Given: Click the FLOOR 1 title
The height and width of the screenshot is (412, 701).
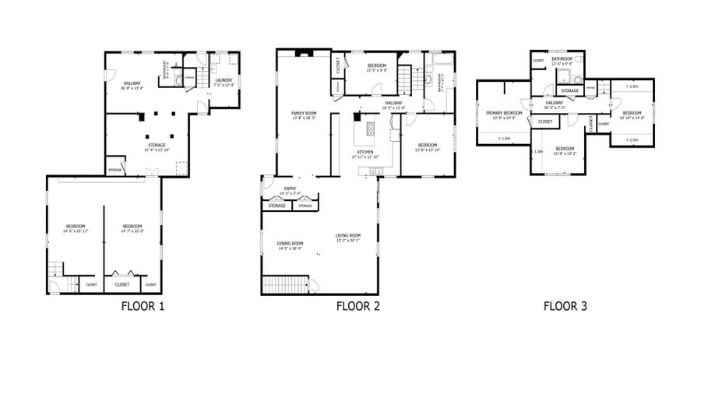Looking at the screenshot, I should click(x=143, y=306).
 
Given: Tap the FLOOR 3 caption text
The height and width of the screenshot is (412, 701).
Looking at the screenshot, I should click(x=565, y=306).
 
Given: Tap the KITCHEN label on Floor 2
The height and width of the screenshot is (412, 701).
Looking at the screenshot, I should click(x=365, y=152).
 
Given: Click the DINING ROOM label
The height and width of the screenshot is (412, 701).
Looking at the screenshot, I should click(x=290, y=245).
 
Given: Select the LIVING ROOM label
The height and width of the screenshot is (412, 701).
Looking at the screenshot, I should click(x=348, y=236).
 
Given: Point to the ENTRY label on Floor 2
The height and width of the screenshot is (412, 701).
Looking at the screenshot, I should click(x=290, y=188).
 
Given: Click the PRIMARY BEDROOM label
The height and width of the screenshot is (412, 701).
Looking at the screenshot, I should click(x=503, y=114).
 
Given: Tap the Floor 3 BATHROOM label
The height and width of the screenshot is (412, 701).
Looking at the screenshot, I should click(x=562, y=60).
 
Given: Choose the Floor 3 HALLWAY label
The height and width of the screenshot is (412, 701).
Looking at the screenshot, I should click(x=555, y=104).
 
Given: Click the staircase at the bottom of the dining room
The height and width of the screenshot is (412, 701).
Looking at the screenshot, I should click(x=286, y=285).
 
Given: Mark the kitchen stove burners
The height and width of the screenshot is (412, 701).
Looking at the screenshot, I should click(x=367, y=126).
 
